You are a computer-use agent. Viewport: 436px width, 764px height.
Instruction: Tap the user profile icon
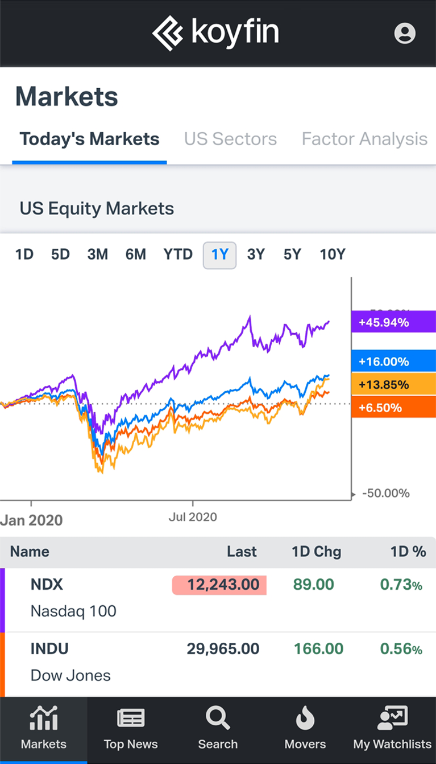(x=405, y=33)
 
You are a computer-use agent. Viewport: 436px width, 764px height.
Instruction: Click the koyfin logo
(x=215, y=33)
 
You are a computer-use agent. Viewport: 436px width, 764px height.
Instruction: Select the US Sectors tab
(x=230, y=139)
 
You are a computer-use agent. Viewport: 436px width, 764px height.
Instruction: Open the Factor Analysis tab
(x=364, y=139)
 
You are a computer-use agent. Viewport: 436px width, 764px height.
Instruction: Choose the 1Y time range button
(x=219, y=254)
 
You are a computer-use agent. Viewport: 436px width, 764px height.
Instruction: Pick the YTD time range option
(x=178, y=254)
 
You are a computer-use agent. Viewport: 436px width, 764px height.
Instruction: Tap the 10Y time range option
(x=333, y=254)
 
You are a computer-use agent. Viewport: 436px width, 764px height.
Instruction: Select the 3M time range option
(x=98, y=254)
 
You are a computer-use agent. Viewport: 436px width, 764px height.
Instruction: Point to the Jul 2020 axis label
(x=193, y=517)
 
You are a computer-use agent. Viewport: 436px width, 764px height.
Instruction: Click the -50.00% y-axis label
(x=386, y=493)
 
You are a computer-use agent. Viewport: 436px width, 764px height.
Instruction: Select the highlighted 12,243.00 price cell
(x=219, y=585)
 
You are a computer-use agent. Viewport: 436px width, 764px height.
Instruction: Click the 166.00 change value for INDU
(x=318, y=648)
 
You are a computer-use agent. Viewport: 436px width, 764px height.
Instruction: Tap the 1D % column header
(x=408, y=551)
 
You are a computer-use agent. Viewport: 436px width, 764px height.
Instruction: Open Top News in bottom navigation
(x=131, y=728)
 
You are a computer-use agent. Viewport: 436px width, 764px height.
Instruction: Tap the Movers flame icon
(x=305, y=720)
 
